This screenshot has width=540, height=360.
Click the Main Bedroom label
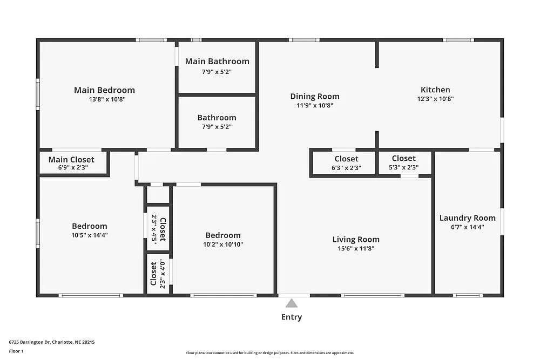(x=104, y=90)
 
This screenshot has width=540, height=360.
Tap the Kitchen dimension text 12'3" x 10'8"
(x=435, y=99)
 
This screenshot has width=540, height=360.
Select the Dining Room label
(x=315, y=97)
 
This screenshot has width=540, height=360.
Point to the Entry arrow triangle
(x=292, y=303)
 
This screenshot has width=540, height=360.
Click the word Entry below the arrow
(x=292, y=317)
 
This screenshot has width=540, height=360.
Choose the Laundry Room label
(x=467, y=218)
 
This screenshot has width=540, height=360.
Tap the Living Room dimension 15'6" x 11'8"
(x=356, y=249)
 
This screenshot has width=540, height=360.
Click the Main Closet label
(x=71, y=160)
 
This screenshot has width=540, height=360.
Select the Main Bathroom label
(x=217, y=62)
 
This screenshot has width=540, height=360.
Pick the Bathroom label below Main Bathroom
(x=217, y=118)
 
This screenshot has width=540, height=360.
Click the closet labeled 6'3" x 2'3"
(x=346, y=163)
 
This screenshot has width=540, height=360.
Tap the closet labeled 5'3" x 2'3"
(x=404, y=162)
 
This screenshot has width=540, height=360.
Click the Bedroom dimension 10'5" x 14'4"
(x=90, y=235)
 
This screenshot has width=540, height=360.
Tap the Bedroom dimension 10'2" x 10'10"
(x=223, y=244)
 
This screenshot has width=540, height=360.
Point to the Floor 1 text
(x=16, y=351)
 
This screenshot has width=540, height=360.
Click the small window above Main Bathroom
(x=196, y=40)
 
